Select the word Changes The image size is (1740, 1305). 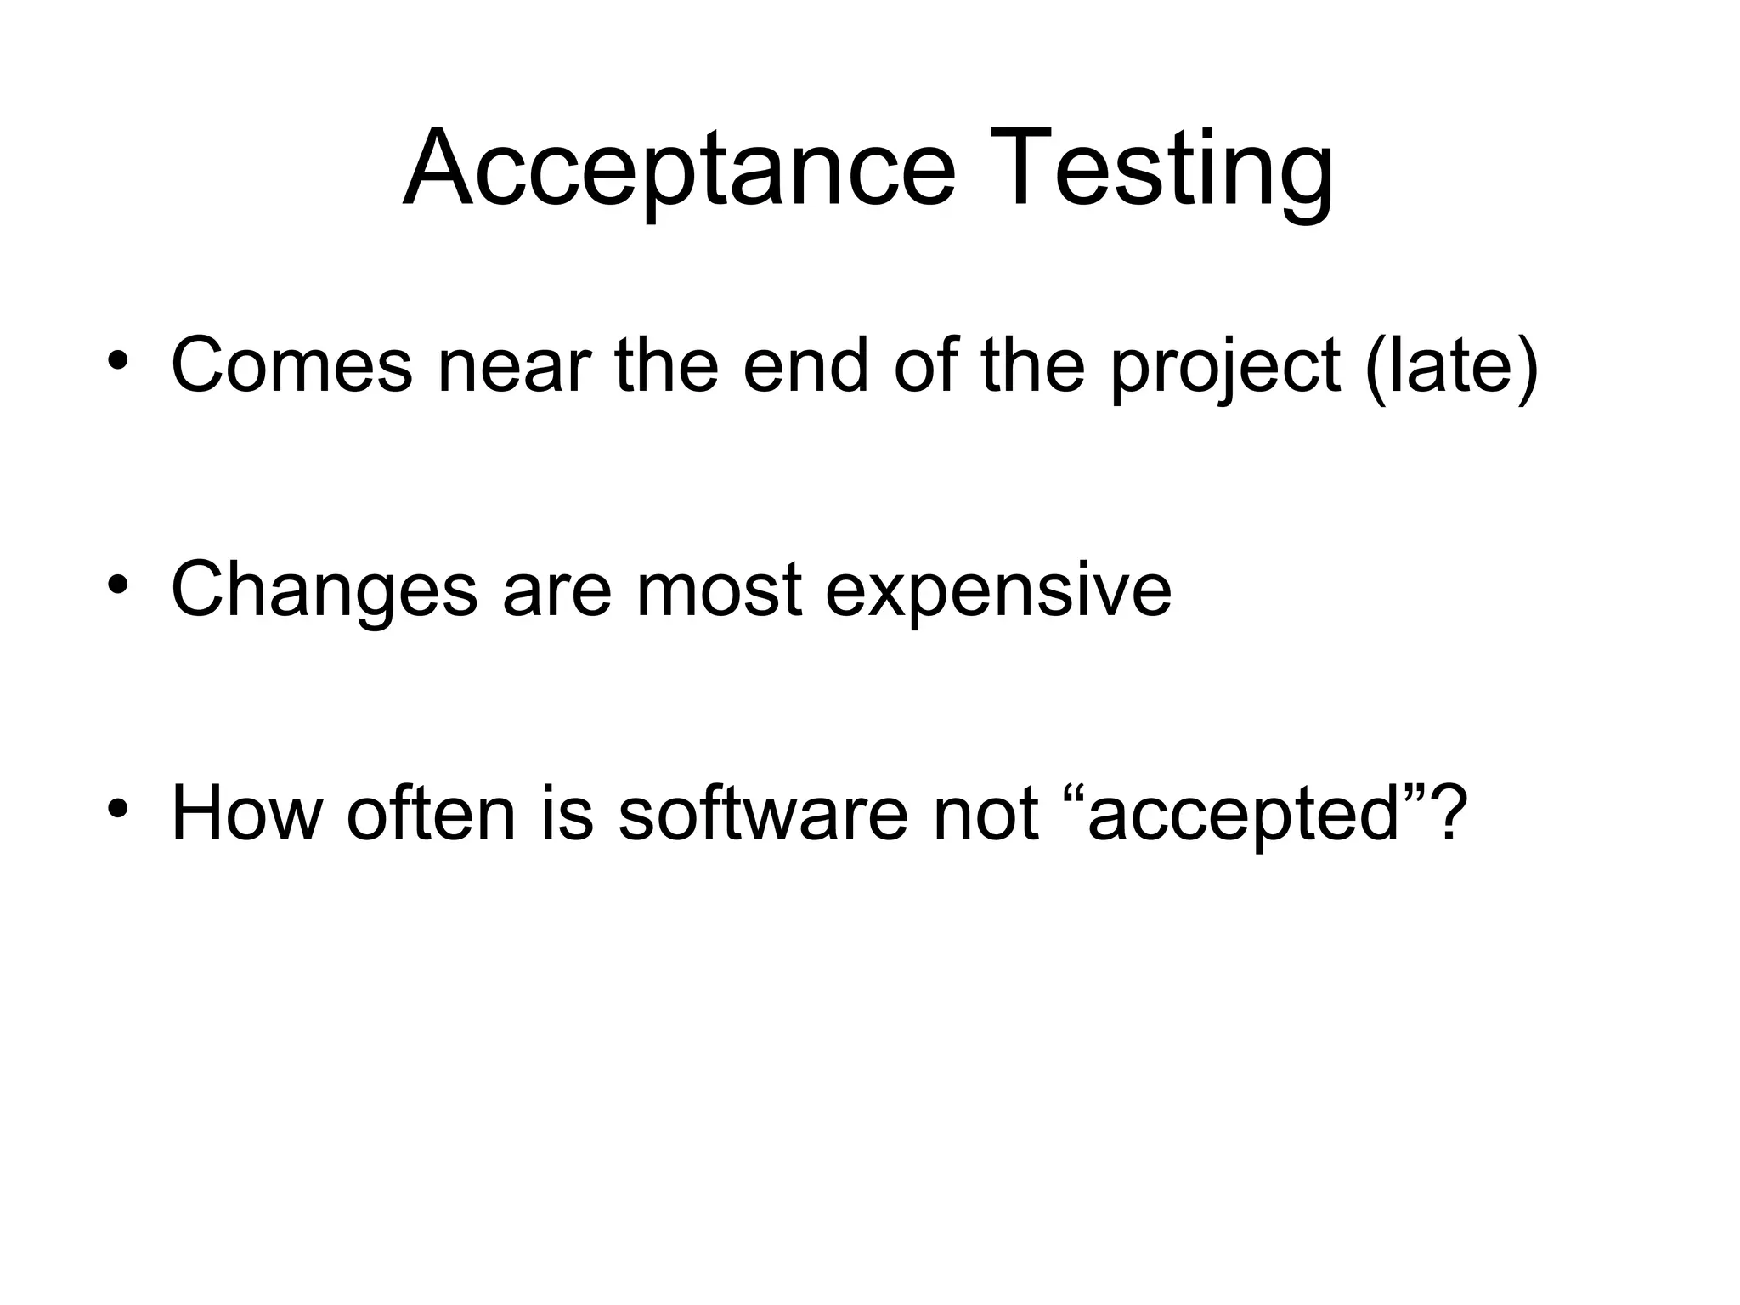click(324, 590)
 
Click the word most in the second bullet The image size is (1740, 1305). click(719, 590)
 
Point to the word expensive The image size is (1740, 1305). click(998, 592)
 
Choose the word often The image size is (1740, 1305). click(432, 813)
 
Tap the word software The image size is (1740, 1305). click(762, 813)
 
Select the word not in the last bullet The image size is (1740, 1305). click(986, 813)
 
